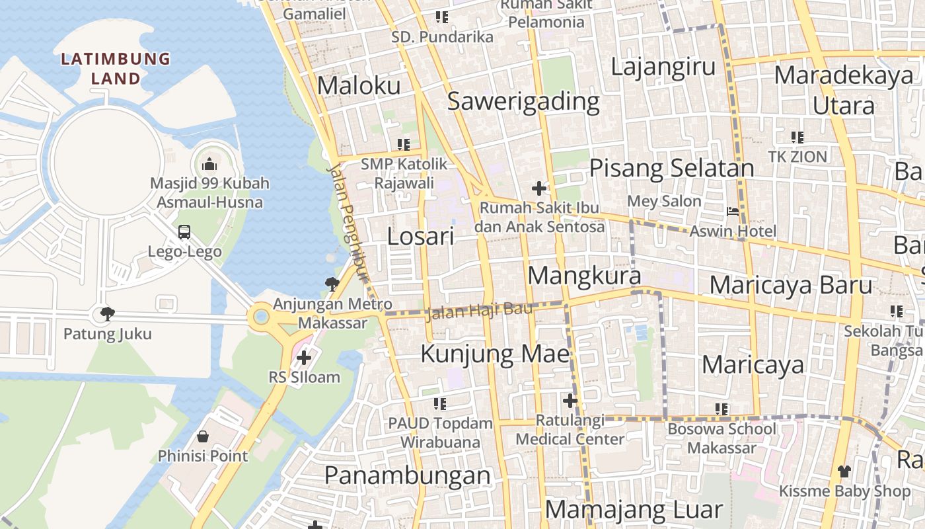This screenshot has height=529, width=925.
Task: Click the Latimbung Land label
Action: coord(116,68)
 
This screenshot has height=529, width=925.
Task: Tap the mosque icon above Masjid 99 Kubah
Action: coord(209,163)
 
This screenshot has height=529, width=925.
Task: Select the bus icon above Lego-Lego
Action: coord(184,232)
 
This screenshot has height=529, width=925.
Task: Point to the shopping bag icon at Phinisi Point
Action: coord(203,436)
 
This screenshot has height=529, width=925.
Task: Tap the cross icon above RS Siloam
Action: coord(304,358)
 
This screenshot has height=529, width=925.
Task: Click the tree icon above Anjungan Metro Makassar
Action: coord(332,284)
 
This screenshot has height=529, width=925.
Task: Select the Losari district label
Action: coord(420,236)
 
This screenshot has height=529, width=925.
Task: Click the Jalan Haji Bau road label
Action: coord(479,310)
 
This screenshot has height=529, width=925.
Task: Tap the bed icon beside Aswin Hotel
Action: coord(733,212)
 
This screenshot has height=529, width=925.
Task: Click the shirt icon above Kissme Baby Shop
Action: coord(844,471)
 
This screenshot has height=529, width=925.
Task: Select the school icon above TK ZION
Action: coord(797,138)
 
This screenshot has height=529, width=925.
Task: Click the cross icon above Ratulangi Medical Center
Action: coord(570,401)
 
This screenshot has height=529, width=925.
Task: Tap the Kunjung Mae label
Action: coord(495,354)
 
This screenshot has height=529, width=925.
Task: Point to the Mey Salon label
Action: coord(664,201)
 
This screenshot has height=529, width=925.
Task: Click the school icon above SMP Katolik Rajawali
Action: coord(403,144)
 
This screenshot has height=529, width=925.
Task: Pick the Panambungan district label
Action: coord(408,475)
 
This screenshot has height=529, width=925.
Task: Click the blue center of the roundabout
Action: coord(262,317)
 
